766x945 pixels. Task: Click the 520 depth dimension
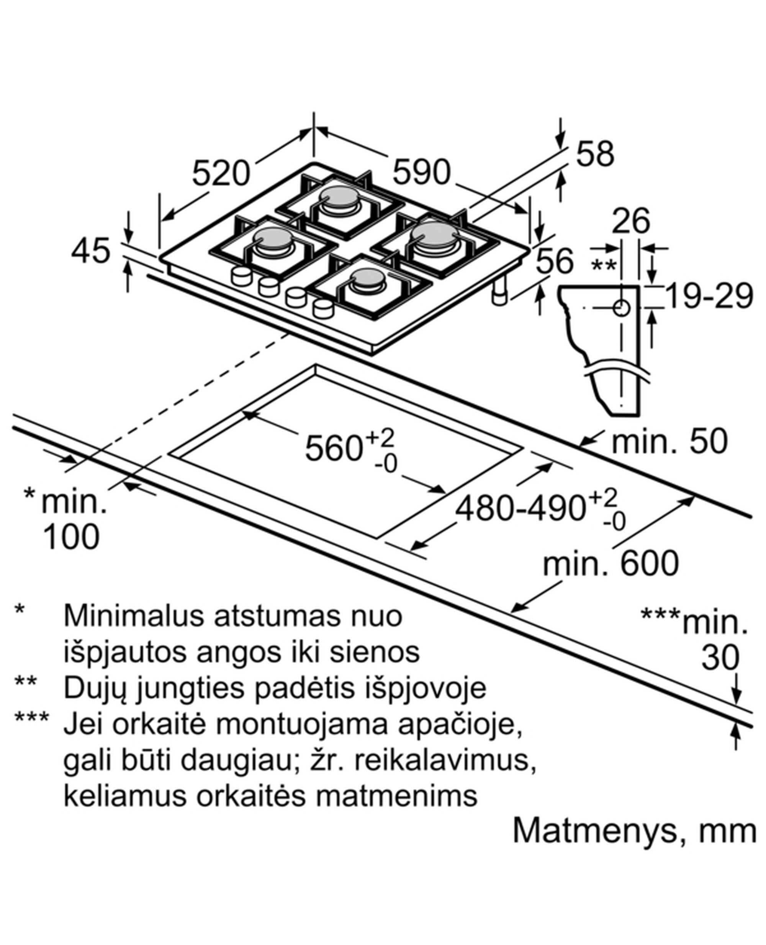point(221,173)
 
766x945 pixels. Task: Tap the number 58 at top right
point(595,154)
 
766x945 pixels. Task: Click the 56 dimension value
point(554,261)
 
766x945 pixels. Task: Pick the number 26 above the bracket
point(631,220)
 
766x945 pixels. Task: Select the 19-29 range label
point(708,296)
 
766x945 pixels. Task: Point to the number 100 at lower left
point(71,537)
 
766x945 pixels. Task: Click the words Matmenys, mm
point(634,831)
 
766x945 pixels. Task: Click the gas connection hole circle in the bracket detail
point(621,308)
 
